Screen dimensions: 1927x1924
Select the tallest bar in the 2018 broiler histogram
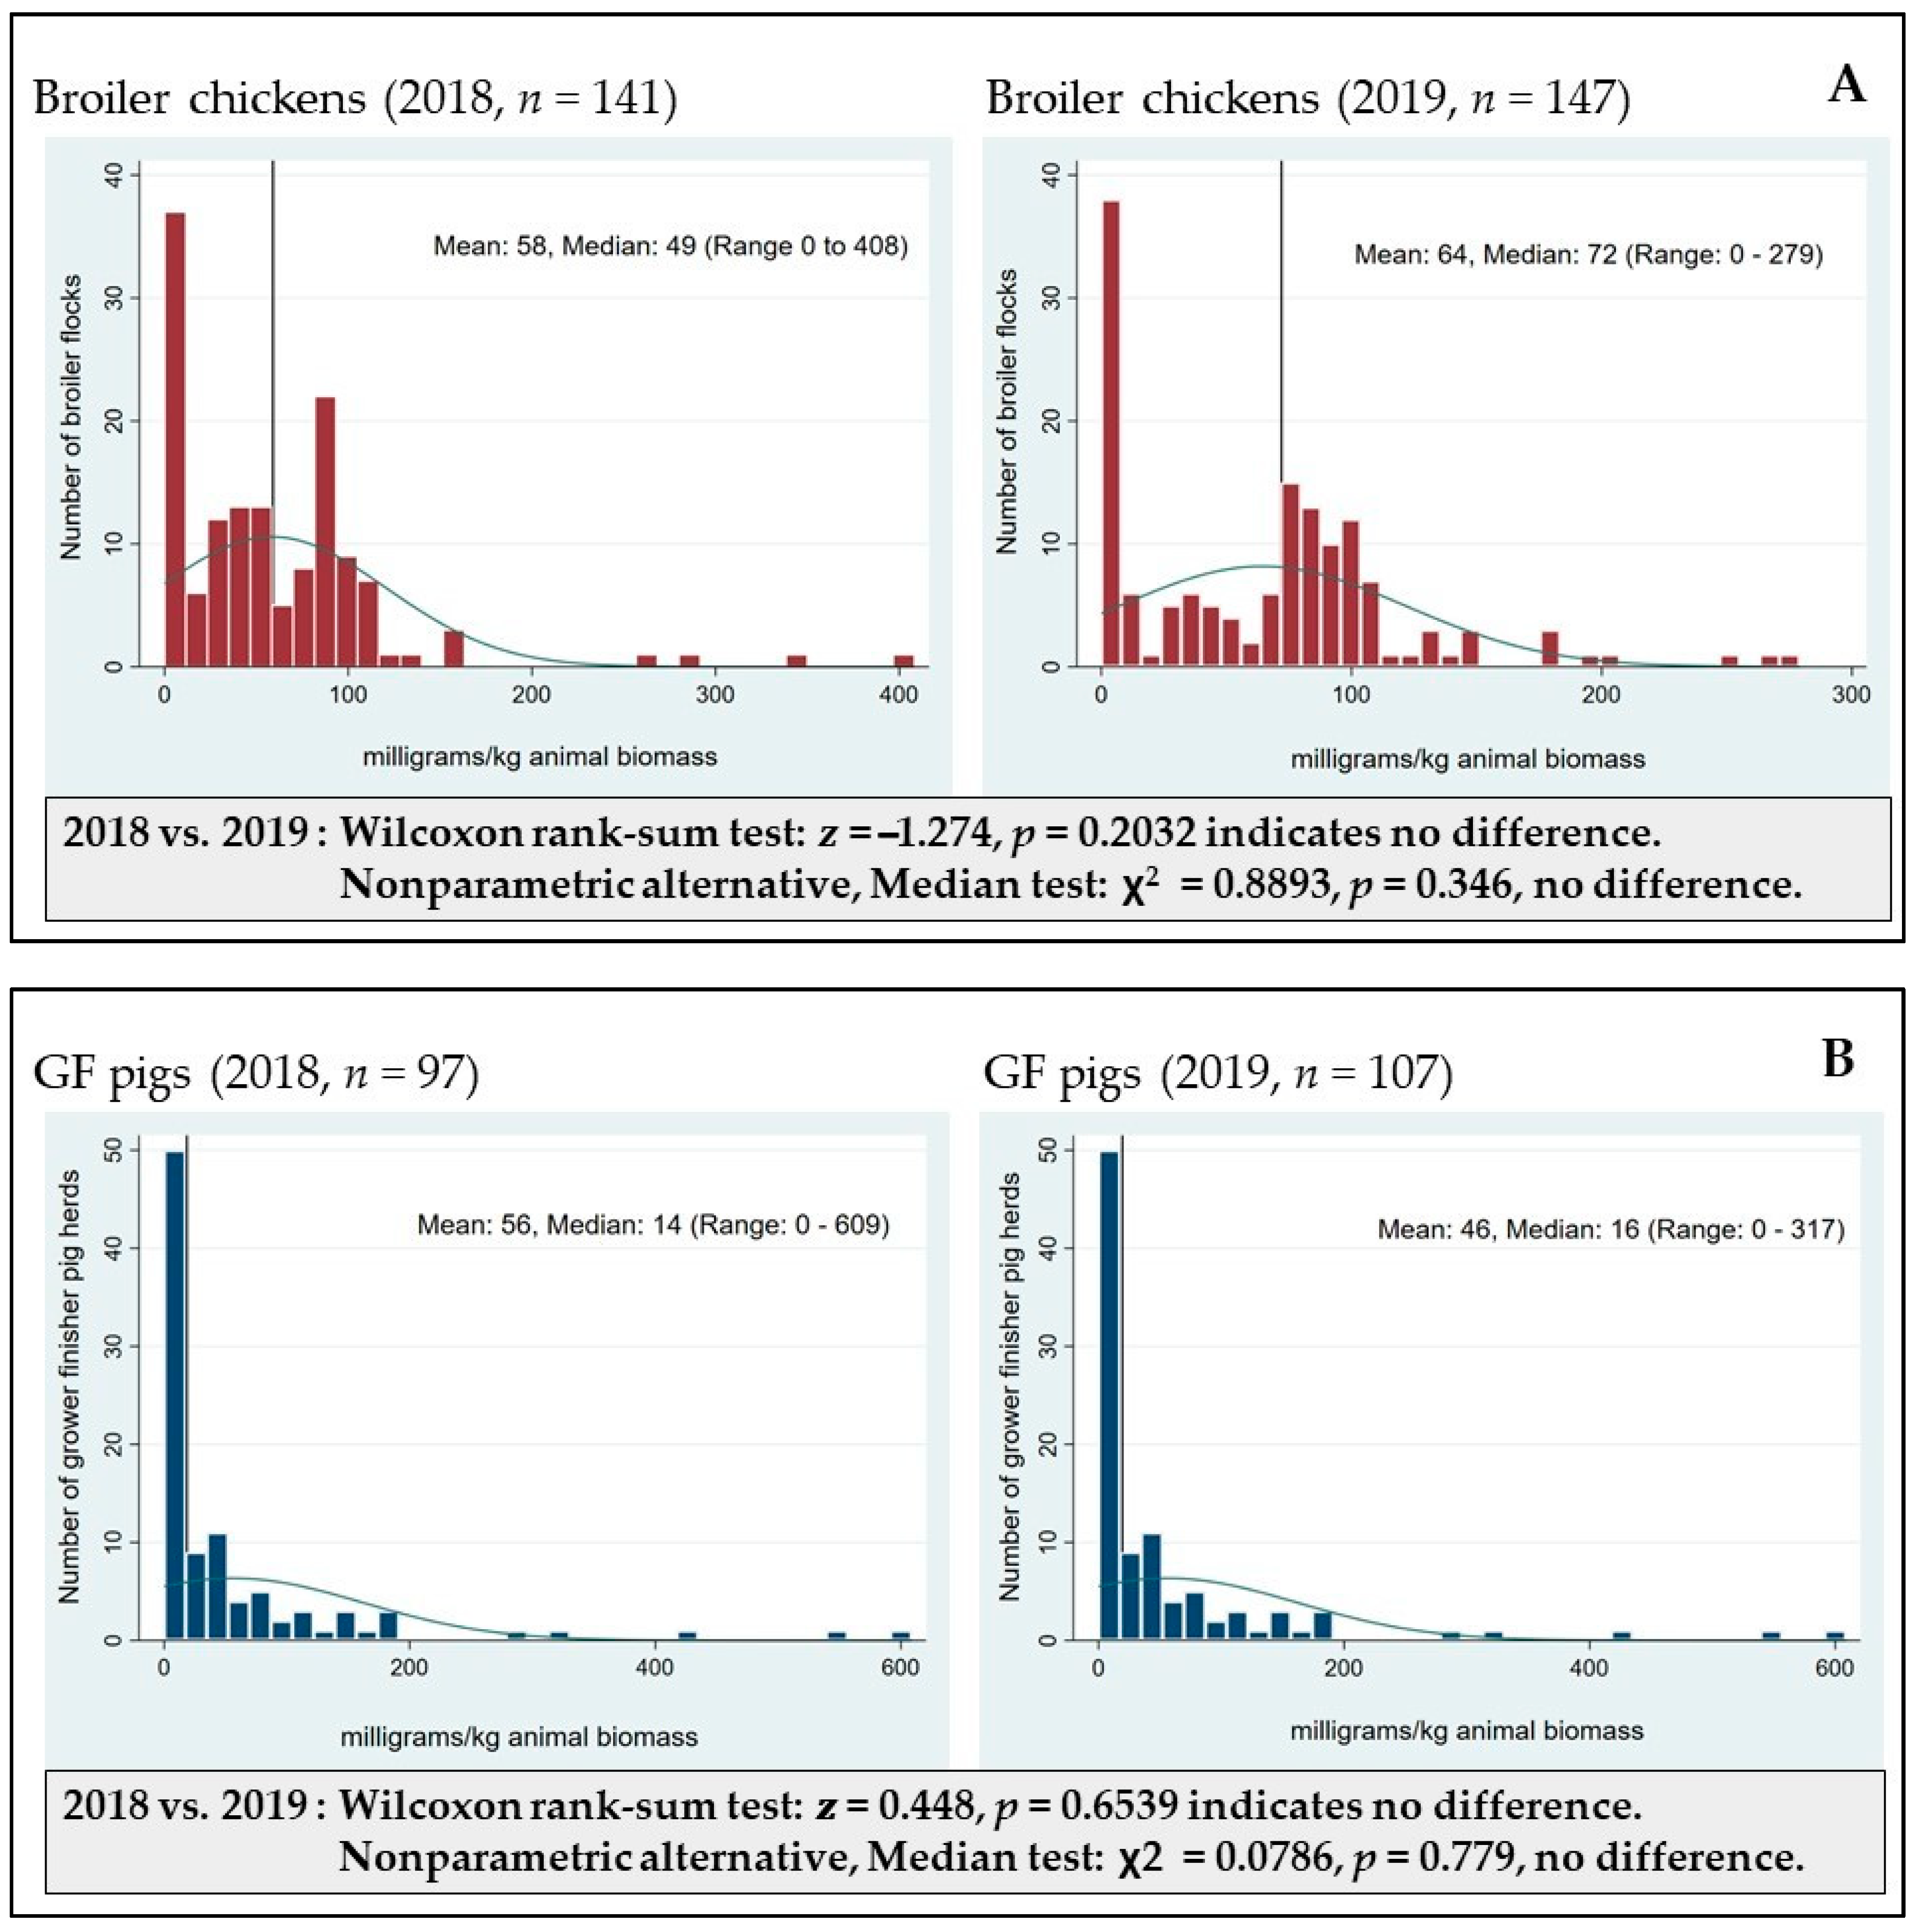(x=175, y=439)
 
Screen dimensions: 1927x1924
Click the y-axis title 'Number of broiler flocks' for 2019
(x=1008, y=411)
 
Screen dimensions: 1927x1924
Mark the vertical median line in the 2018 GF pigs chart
(x=188, y=1347)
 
